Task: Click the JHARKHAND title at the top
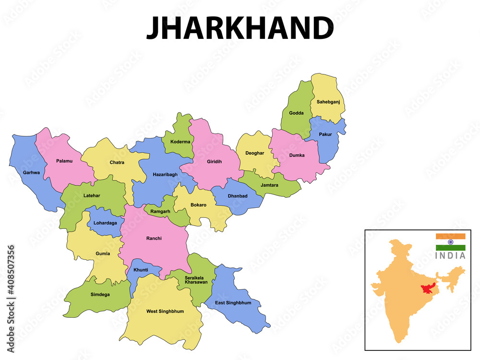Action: [x=240, y=28]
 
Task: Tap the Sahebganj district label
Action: [x=328, y=102]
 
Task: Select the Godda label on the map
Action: [x=296, y=113]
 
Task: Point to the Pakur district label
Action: [x=325, y=134]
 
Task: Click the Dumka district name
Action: [x=297, y=155]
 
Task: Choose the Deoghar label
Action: [x=254, y=153]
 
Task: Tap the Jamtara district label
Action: [x=269, y=185]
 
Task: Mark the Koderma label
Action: [x=180, y=142]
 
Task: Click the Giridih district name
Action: [x=214, y=162]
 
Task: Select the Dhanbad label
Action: [x=238, y=196]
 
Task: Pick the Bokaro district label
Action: [x=198, y=205]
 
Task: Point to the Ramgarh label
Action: [x=160, y=211]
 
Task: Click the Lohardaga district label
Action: [x=105, y=223]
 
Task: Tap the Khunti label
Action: [x=141, y=270]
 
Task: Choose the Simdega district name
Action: [x=100, y=294]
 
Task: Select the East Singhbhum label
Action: [x=233, y=303]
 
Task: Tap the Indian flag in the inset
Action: [x=450, y=242]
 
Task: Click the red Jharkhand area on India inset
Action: [x=425, y=289]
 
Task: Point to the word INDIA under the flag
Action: [x=450, y=256]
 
